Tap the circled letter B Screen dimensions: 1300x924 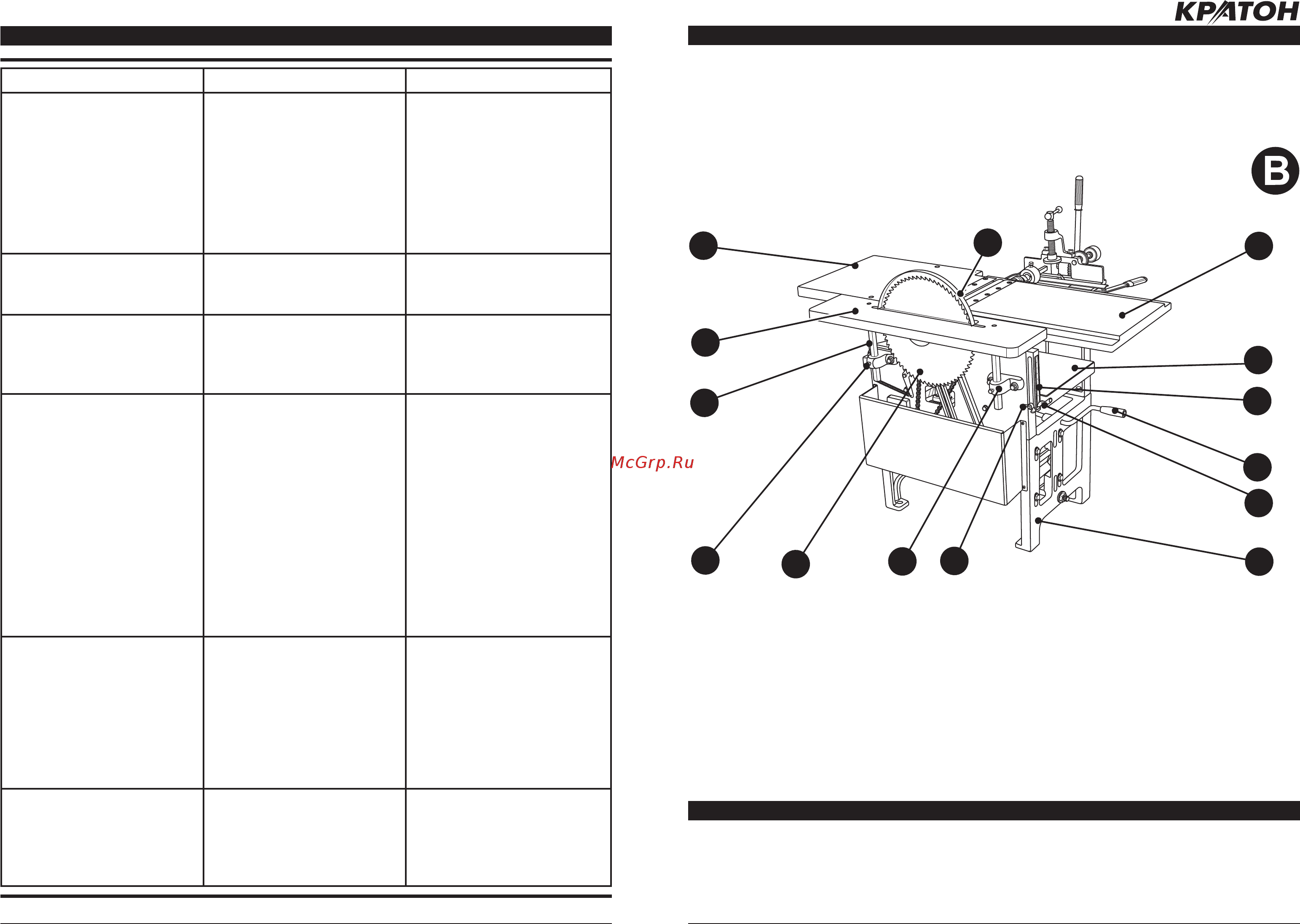click(x=1275, y=171)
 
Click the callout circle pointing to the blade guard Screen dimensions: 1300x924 click(x=988, y=243)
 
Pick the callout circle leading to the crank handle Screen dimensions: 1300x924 click(x=1257, y=467)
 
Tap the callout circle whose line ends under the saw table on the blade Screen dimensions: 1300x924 click(x=795, y=564)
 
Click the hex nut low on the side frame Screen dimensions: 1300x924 click(x=1061, y=497)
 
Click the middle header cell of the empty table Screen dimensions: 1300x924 click(x=304, y=80)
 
